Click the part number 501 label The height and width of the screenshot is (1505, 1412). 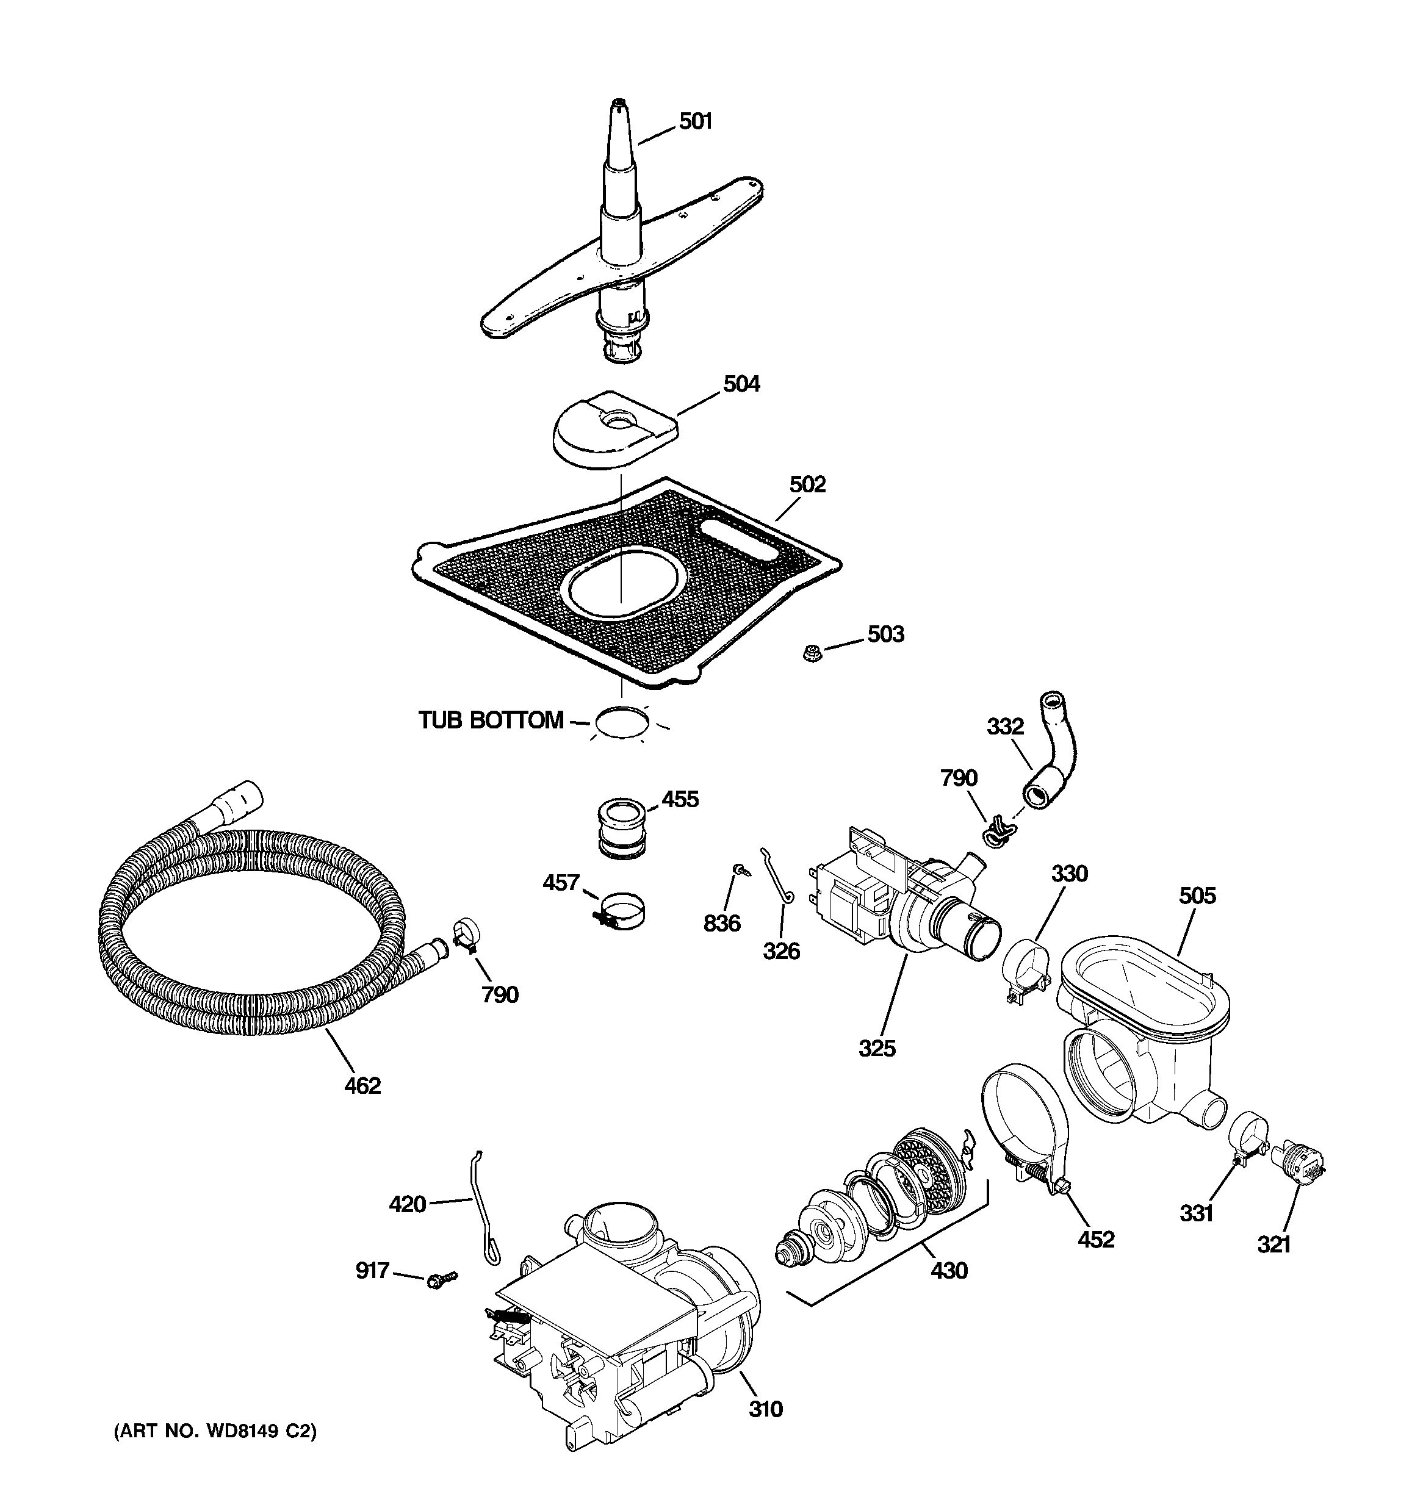click(695, 121)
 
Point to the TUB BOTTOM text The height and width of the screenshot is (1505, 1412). click(491, 720)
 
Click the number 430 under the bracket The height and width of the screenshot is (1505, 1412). click(949, 1270)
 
